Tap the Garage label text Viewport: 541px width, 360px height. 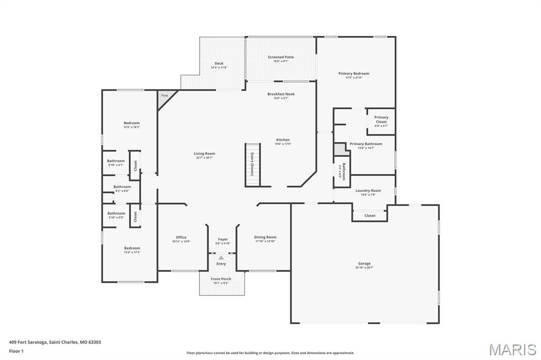(364, 263)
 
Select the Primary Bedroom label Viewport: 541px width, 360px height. (353, 74)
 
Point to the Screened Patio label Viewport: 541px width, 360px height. (281, 57)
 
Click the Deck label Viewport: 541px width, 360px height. (219, 63)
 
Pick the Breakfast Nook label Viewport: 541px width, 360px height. (281, 94)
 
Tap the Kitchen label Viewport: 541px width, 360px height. (283, 140)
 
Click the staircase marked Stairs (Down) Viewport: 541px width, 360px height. (253, 165)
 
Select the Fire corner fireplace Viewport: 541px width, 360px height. (164, 96)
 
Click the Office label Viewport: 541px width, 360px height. (181, 238)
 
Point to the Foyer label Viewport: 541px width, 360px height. (223, 240)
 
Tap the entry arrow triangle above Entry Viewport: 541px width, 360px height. (221, 258)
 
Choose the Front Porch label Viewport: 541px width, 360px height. (221, 279)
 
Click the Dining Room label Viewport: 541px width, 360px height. (265, 238)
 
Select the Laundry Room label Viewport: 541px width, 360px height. (368, 191)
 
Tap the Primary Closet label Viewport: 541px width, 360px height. (381, 120)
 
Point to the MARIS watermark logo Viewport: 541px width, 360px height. (512, 349)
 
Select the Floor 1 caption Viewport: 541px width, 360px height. (16, 350)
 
